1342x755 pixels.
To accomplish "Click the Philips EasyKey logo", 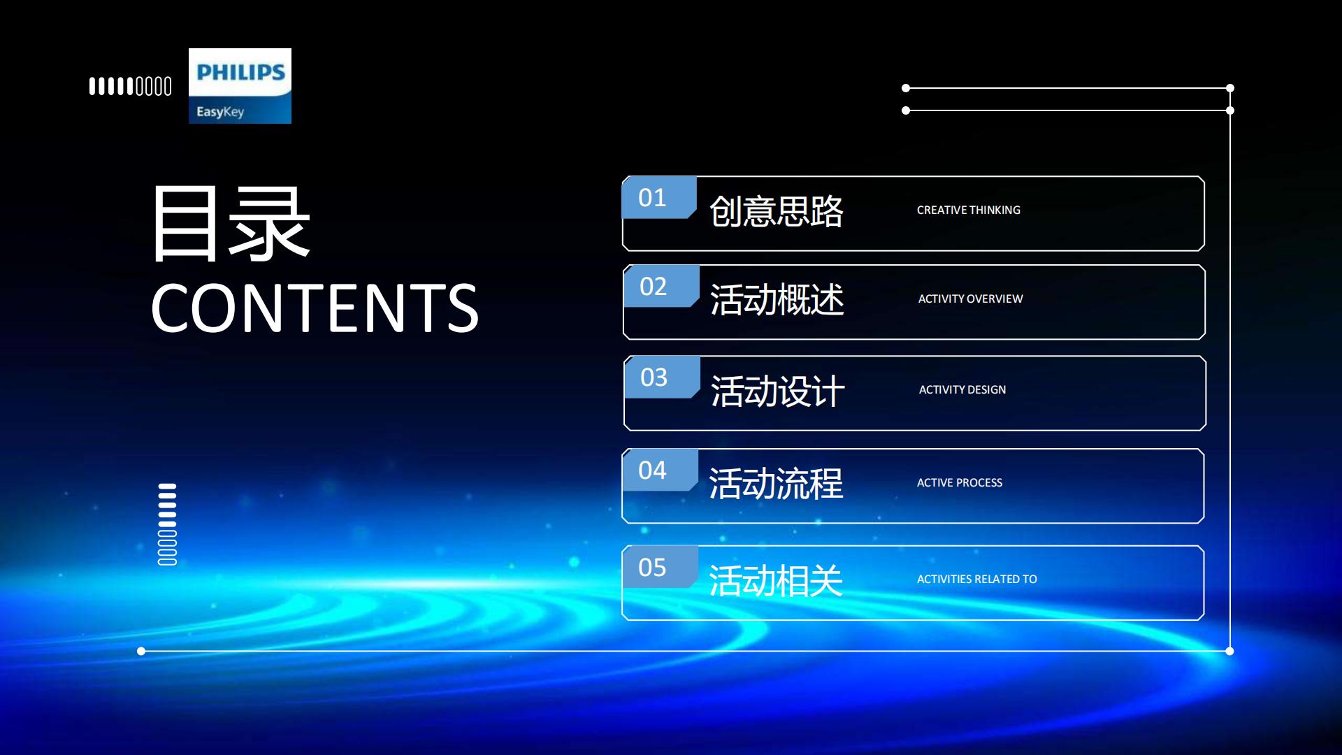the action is tap(240, 86).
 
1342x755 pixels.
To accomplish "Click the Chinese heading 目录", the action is tap(231, 224).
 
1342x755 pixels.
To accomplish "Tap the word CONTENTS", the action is tap(315, 308).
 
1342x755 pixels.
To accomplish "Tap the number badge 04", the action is tap(659, 470).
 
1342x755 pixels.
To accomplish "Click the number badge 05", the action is tap(659, 567).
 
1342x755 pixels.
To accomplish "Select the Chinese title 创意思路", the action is tap(777, 211).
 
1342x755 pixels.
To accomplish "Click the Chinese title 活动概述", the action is tap(777, 300).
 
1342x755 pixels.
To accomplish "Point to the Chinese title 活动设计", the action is tap(778, 391).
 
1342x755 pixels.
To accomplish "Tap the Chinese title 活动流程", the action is tap(776, 484).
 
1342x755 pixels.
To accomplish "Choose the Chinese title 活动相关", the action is tap(776, 580).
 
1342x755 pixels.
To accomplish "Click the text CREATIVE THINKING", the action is tap(969, 210).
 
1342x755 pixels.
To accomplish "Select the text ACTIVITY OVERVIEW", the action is tap(971, 299).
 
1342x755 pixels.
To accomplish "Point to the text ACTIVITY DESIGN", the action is tap(962, 389).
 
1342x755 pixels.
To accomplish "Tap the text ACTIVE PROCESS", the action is tap(960, 482).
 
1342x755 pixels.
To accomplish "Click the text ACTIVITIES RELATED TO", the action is tap(977, 579).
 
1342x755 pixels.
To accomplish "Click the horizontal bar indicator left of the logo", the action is tap(131, 87).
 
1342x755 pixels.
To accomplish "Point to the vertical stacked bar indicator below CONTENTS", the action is tap(168, 524).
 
